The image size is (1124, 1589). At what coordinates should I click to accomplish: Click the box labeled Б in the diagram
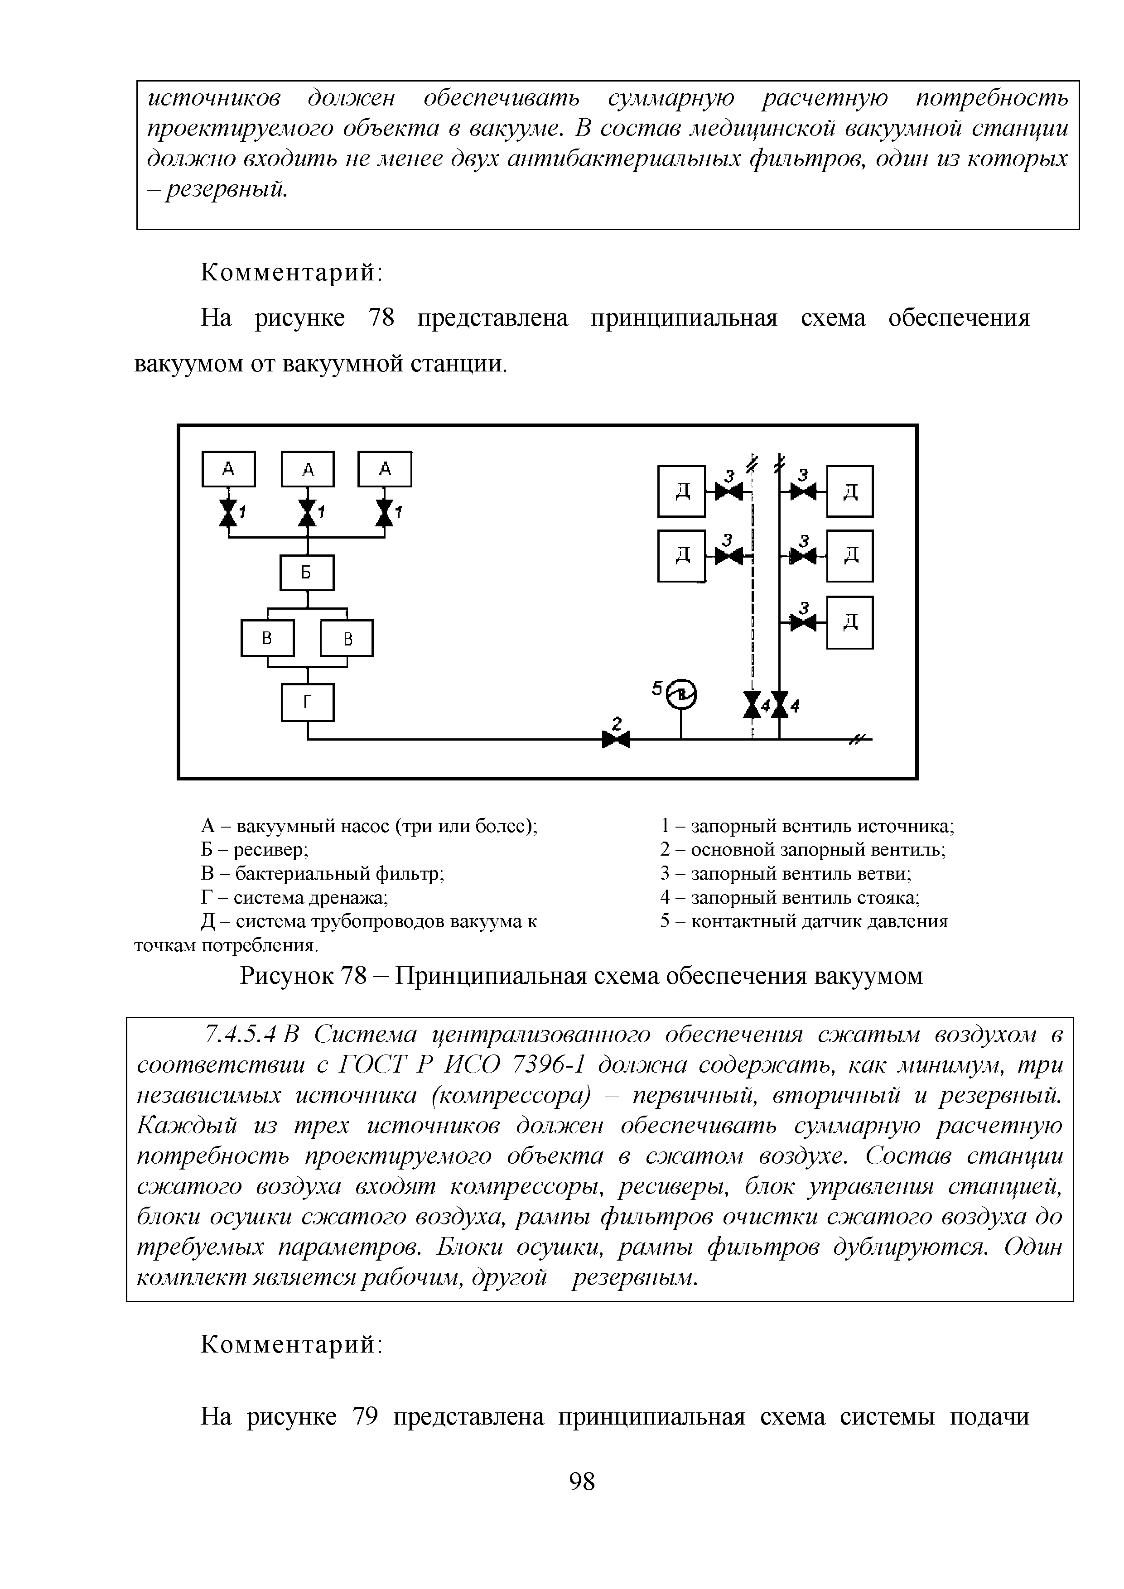[x=307, y=573]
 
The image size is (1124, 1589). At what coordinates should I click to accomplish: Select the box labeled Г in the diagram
[x=307, y=702]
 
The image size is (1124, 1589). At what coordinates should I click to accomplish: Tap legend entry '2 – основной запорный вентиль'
[x=803, y=850]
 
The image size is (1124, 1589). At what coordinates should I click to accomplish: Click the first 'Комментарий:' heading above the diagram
[x=291, y=273]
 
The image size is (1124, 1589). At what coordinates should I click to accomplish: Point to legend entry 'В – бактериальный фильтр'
[x=323, y=873]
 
